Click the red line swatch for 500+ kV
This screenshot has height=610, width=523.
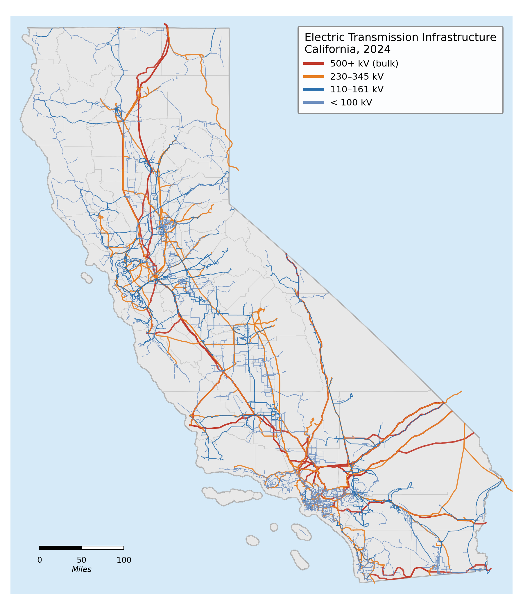pos(314,64)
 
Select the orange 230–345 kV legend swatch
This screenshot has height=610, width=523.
pos(314,77)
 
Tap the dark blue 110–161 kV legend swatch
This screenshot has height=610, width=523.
pos(314,89)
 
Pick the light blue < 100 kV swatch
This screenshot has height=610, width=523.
pos(314,102)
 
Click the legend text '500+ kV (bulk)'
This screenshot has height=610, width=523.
pos(364,64)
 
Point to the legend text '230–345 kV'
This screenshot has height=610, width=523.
pos(357,77)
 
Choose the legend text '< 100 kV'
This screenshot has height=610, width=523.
pos(351,102)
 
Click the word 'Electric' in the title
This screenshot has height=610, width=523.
pos(322,37)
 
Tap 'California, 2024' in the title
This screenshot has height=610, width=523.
pos(347,49)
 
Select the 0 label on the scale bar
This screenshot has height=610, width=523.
pos(40,560)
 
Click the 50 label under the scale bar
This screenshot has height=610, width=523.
pos(82,560)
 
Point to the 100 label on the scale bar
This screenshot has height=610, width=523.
pos(124,560)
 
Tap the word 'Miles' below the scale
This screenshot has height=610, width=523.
pos(82,569)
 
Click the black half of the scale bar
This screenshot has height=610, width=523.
pos(60,548)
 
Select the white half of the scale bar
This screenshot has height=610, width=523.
pos(103,548)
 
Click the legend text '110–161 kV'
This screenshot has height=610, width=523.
pos(357,89)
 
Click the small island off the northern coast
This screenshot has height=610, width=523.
pos(87,278)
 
